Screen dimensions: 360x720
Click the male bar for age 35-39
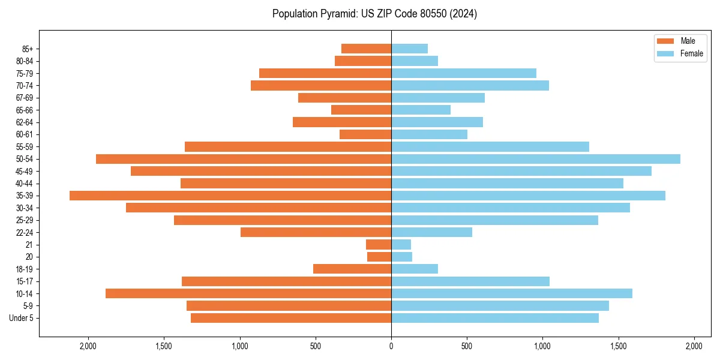point(230,196)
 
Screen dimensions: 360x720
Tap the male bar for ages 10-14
point(248,293)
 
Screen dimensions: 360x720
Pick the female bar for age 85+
point(409,49)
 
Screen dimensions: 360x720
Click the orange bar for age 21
point(379,245)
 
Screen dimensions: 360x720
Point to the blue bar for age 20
point(401,257)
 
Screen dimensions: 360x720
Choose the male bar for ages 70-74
point(321,86)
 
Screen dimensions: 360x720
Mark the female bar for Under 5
point(495,318)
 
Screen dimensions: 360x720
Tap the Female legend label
point(692,53)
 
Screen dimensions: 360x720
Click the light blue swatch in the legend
point(666,53)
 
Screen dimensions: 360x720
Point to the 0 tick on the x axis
point(391,346)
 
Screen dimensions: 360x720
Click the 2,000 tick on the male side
point(88,346)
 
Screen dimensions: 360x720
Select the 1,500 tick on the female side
point(618,346)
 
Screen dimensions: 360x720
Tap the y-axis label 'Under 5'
point(21,318)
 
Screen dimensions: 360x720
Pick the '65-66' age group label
point(24,110)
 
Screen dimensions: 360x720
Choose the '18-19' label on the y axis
point(24,269)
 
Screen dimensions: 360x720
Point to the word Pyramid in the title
point(336,14)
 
